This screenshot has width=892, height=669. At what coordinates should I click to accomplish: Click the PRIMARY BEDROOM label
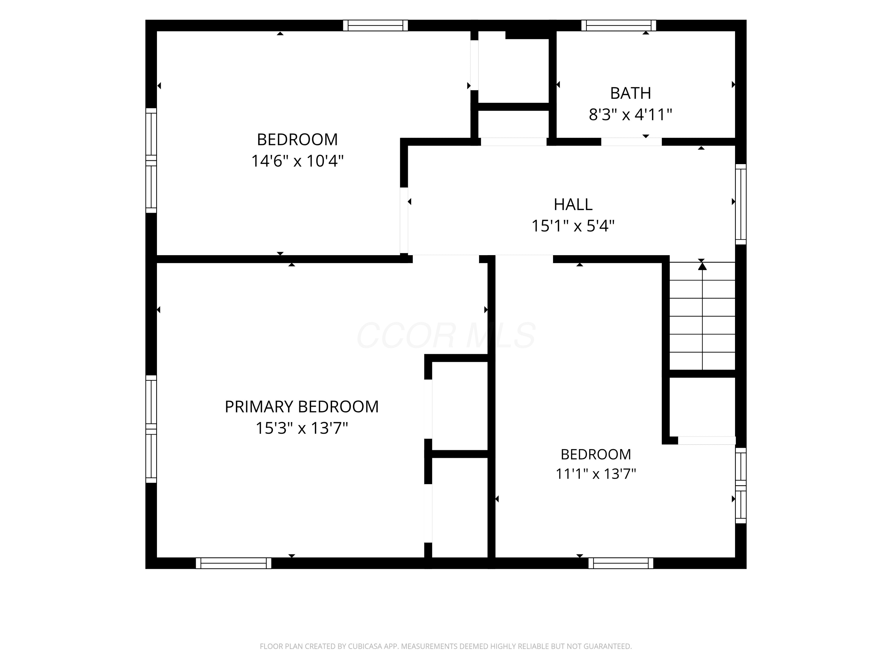[x=301, y=406]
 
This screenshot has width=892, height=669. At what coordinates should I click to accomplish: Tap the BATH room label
[x=630, y=93]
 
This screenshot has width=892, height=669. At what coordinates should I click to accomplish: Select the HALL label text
[x=573, y=205]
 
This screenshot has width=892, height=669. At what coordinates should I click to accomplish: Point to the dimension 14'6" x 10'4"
[x=298, y=161]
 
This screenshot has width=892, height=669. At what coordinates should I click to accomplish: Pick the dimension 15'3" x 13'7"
[x=301, y=428]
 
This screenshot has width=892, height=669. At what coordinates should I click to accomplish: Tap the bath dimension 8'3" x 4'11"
[x=630, y=114]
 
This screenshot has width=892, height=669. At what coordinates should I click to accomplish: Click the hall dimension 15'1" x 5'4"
[x=573, y=226]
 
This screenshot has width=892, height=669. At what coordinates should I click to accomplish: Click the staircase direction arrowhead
[x=703, y=266]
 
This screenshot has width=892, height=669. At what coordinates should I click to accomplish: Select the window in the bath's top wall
[x=618, y=25]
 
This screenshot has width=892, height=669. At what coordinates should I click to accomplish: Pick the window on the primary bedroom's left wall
[x=151, y=429]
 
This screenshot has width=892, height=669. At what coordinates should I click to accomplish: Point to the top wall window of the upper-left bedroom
[x=376, y=25]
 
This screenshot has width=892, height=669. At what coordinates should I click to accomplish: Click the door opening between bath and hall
[x=632, y=142]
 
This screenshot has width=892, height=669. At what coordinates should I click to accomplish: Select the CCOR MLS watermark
[x=446, y=335]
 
